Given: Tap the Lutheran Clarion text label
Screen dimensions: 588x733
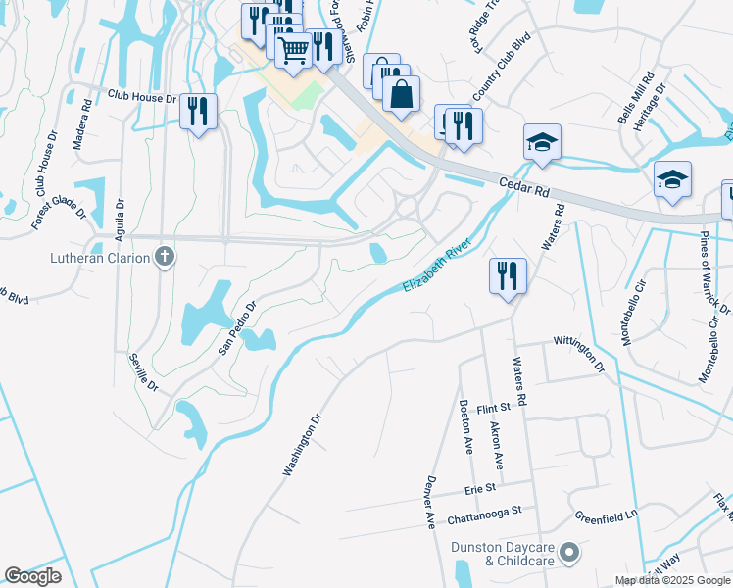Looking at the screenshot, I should pos(101,259).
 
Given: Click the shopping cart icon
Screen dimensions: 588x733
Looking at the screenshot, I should pos(294,48).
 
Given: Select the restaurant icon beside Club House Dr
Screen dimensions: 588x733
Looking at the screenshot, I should pos(199,111).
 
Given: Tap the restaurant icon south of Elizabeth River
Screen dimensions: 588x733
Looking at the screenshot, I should pos(507,274).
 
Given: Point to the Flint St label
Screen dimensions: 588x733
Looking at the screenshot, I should pos(495,408).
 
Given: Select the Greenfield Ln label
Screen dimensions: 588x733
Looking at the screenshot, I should pos(606,514).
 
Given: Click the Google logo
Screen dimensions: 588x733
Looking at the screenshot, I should pos(33,576).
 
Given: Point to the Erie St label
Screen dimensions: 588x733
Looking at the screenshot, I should pos(479,487).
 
